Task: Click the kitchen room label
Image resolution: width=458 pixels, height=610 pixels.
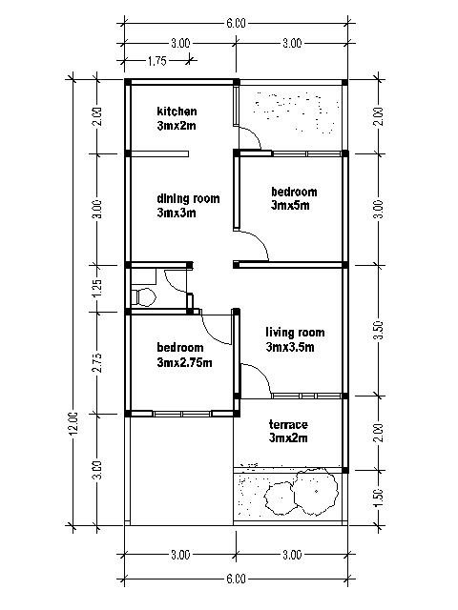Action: tap(177, 118)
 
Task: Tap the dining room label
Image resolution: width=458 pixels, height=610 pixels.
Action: tap(188, 206)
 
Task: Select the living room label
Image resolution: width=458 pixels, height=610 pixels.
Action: tap(295, 339)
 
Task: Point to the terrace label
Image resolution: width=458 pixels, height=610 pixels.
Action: tap(288, 431)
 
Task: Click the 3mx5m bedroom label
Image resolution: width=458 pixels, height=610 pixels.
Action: tap(294, 198)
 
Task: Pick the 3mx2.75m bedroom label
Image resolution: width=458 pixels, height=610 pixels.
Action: tap(184, 355)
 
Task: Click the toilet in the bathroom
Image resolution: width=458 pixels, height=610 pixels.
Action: tap(143, 296)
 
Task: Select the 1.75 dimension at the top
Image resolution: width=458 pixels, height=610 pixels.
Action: tap(156, 61)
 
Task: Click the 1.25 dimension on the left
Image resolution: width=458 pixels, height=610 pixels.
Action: tap(97, 288)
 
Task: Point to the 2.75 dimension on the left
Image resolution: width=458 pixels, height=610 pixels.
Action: tap(97, 363)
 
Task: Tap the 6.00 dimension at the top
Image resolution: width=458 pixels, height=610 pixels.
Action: tap(236, 23)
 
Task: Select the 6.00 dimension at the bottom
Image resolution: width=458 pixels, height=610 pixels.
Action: tap(236, 579)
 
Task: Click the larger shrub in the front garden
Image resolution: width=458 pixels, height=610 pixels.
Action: tap(316, 491)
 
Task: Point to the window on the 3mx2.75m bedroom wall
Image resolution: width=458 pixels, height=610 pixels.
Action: tap(182, 414)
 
